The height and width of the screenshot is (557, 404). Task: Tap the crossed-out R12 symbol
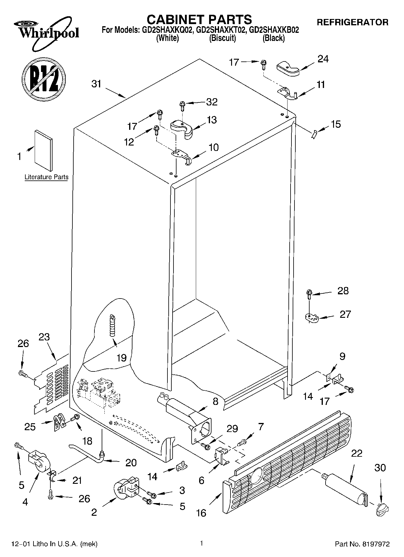point(44,79)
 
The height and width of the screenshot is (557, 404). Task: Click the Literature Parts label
point(46,177)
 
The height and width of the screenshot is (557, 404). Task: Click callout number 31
point(97,84)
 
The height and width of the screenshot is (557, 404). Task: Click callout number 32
point(212,102)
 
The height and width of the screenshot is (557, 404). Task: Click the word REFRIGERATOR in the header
point(352,22)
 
